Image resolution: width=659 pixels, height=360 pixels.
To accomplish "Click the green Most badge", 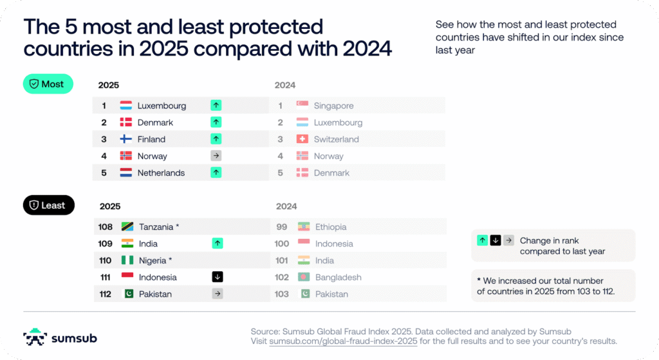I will [48, 84].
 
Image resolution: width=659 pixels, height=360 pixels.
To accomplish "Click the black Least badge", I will [49, 205].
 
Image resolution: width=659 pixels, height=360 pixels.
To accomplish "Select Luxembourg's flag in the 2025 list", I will [126, 106].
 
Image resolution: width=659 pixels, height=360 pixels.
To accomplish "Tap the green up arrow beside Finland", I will [216, 139].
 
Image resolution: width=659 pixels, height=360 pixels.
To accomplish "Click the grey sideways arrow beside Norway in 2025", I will [216, 156].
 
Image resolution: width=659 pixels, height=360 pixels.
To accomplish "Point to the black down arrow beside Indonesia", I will [218, 277].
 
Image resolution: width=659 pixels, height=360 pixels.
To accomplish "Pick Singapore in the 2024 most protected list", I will [333, 106].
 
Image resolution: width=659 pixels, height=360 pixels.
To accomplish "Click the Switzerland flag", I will [302, 139].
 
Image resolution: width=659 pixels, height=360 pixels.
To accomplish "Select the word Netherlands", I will [161, 173].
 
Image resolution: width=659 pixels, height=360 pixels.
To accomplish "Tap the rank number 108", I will [106, 227].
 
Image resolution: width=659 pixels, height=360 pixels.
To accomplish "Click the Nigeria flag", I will [127, 260].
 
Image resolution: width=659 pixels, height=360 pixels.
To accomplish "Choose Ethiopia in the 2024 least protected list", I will [331, 227].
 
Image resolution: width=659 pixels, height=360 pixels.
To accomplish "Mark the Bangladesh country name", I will [338, 277].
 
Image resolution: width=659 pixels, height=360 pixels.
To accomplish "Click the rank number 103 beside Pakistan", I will [282, 294].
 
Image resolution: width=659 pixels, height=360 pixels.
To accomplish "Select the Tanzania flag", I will [127, 227].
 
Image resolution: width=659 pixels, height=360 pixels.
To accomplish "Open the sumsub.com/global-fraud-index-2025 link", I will [343, 341].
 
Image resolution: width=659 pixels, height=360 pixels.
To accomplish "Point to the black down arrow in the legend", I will [495, 240].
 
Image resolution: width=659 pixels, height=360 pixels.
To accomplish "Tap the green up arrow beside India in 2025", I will [218, 243].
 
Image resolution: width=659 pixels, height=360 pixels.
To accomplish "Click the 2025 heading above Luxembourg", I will [109, 85].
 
